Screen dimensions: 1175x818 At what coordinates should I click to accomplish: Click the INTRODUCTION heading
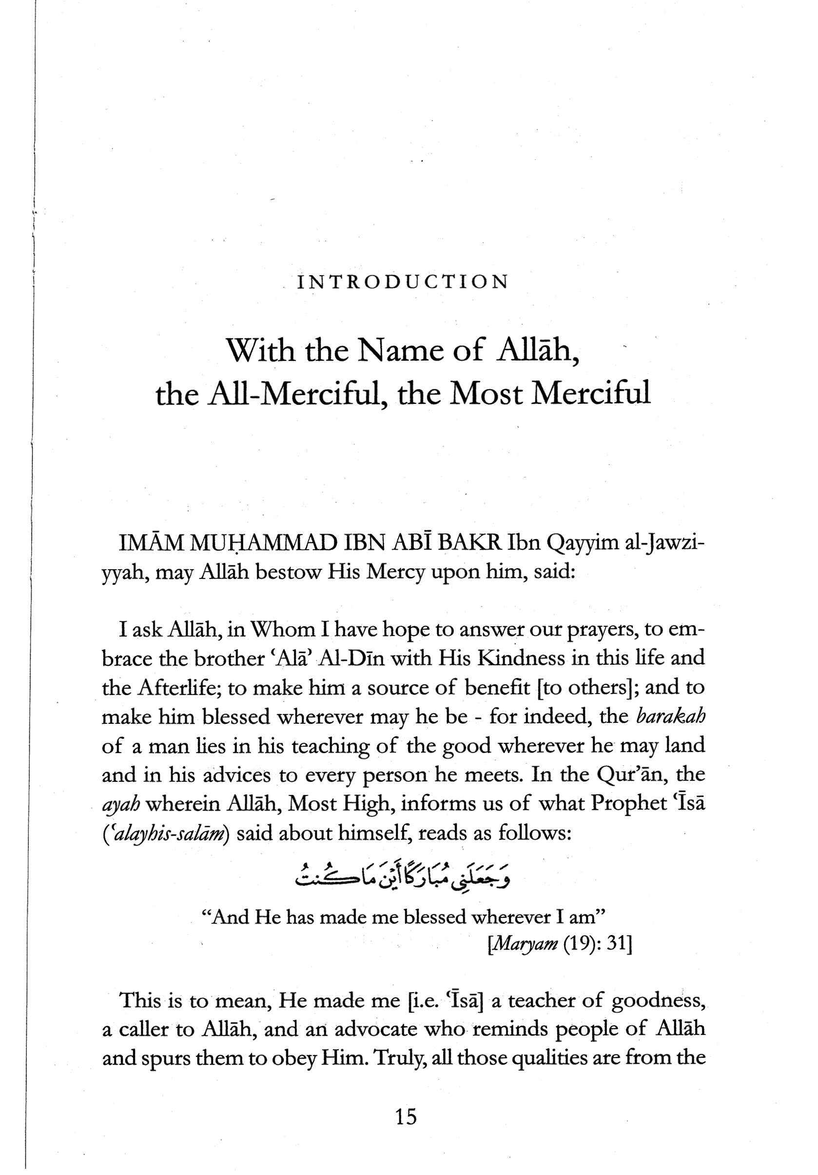(x=403, y=282)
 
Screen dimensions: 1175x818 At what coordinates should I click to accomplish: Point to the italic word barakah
(x=671, y=716)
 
